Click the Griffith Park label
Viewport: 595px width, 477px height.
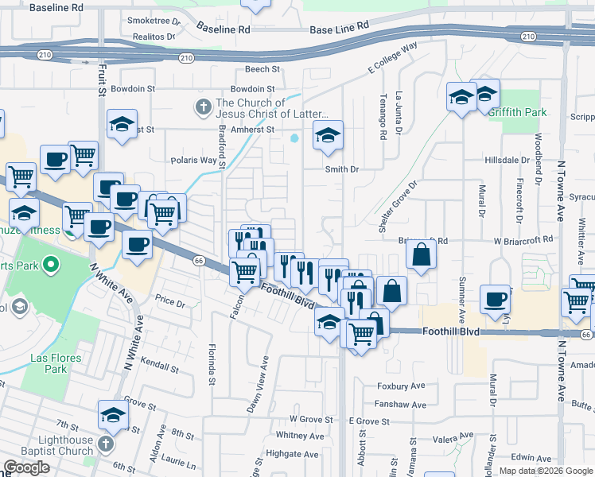pos(518,112)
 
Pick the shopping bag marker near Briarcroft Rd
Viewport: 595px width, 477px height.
pos(421,254)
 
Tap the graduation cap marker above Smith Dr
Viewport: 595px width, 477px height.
pos(327,136)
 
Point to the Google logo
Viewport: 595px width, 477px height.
pos(26,467)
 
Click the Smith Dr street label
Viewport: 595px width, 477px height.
pos(342,169)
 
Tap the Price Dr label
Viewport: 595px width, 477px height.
pos(169,302)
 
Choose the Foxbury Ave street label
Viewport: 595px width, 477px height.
pos(402,386)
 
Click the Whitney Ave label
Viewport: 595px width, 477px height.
pos(300,436)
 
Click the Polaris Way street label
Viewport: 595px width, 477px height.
pos(193,160)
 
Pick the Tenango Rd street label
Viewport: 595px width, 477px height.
pos(383,122)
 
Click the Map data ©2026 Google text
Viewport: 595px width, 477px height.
pos(545,471)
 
